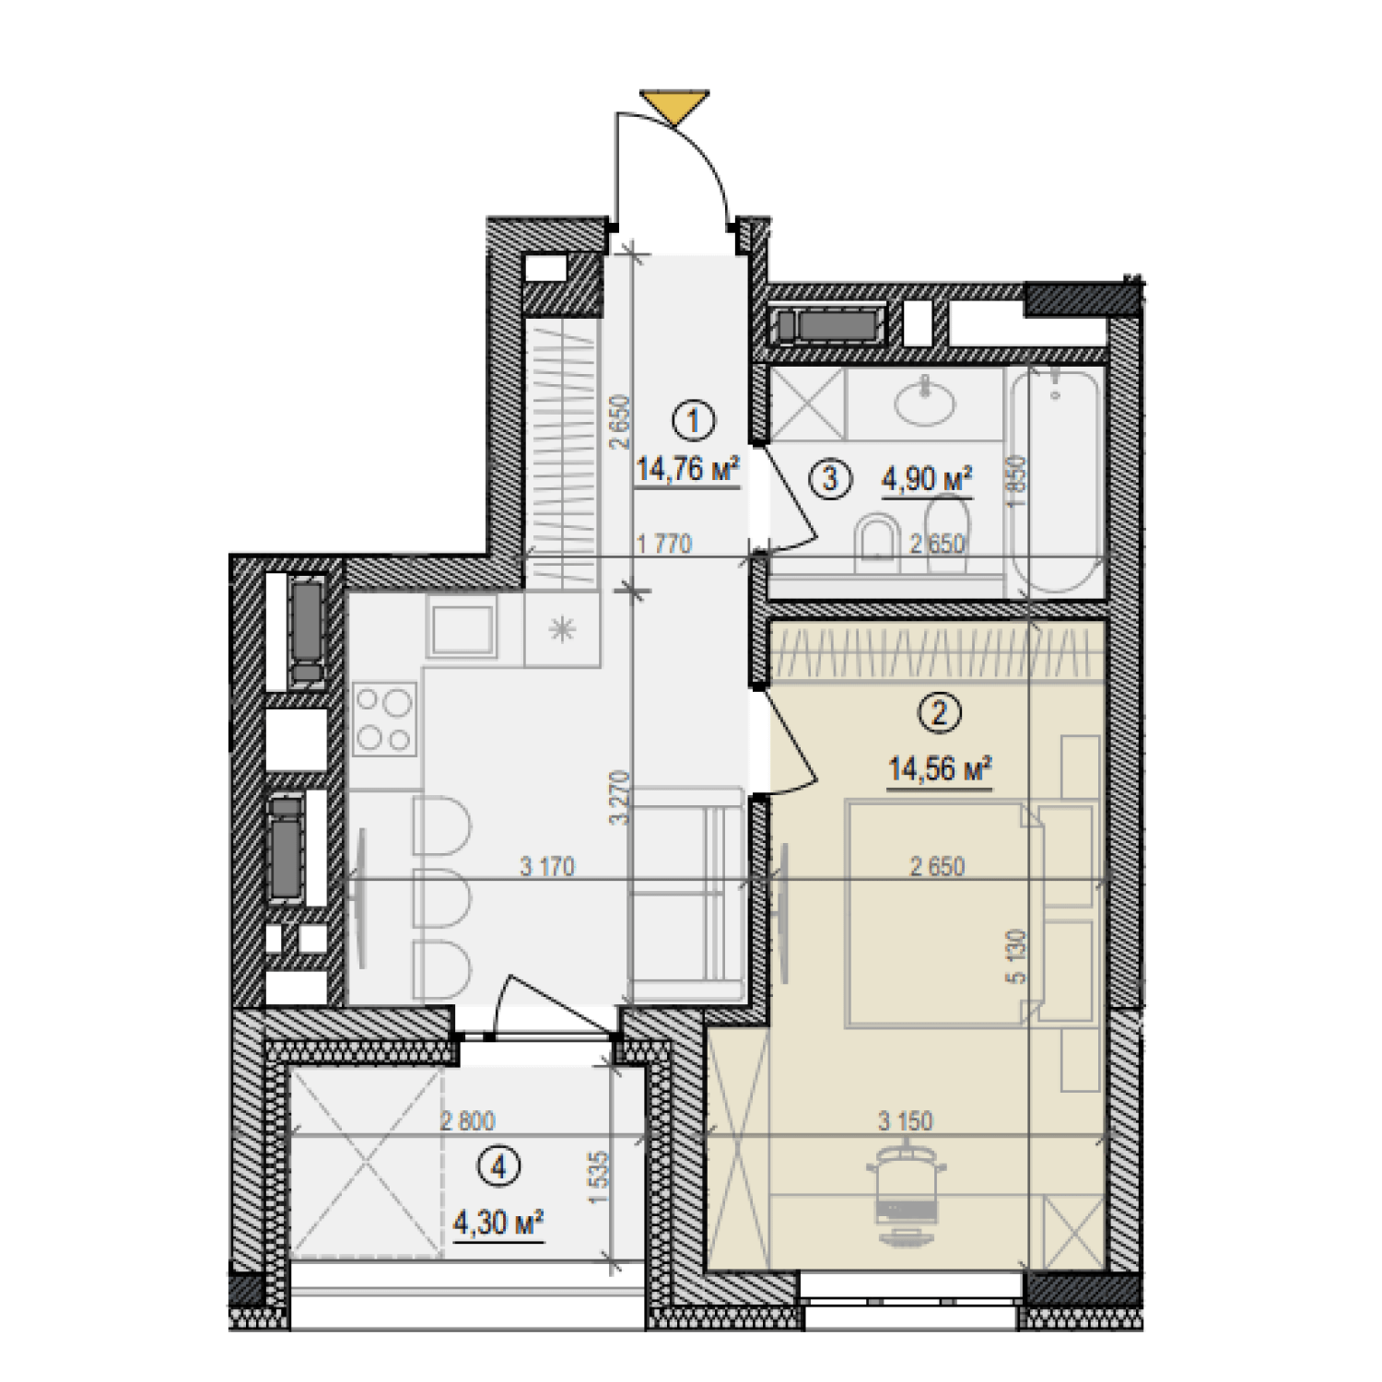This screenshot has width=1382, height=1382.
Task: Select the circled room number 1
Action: click(x=694, y=421)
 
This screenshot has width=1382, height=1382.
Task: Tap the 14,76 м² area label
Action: click(x=687, y=469)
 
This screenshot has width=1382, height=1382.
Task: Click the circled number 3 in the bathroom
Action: click(x=830, y=479)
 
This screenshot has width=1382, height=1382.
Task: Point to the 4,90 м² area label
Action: click(x=927, y=479)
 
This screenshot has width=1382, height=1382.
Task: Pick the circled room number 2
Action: click(x=940, y=713)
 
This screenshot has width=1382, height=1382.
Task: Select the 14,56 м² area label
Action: click(x=940, y=768)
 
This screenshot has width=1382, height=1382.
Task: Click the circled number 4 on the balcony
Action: click(x=499, y=1167)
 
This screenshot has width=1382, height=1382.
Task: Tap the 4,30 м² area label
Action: click(x=498, y=1223)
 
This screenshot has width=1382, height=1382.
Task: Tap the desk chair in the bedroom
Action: click(x=907, y=1194)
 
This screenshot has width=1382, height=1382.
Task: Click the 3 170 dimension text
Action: click(x=547, y=866)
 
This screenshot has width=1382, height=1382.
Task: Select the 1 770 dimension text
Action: click(x=663, y=544)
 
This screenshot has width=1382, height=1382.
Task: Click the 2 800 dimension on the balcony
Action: click(x=467, y=1120)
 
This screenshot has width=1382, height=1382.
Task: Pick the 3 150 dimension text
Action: click(x=906, y=1120)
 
